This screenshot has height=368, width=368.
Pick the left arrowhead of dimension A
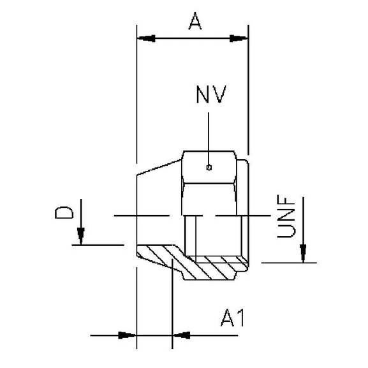click(146, 39)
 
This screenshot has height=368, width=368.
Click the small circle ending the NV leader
click(209, 168)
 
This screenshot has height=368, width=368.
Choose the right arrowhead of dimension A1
click(181, 334)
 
